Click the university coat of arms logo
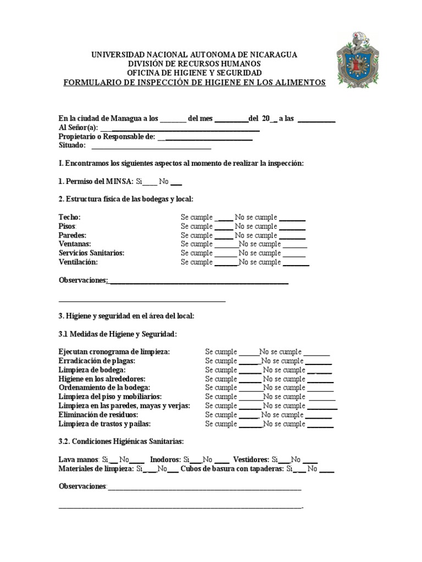358,59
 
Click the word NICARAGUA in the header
269,54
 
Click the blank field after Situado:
151,145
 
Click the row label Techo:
69,217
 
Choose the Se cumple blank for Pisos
224,227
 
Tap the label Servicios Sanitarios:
91,253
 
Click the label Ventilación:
78,262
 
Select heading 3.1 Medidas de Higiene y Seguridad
118,334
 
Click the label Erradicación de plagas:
97,361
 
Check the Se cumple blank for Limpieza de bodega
250,370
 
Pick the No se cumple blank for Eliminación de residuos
318,415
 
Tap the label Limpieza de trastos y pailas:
104,424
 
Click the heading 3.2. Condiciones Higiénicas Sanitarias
121,442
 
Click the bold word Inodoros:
165,460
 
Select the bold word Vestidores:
251,460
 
